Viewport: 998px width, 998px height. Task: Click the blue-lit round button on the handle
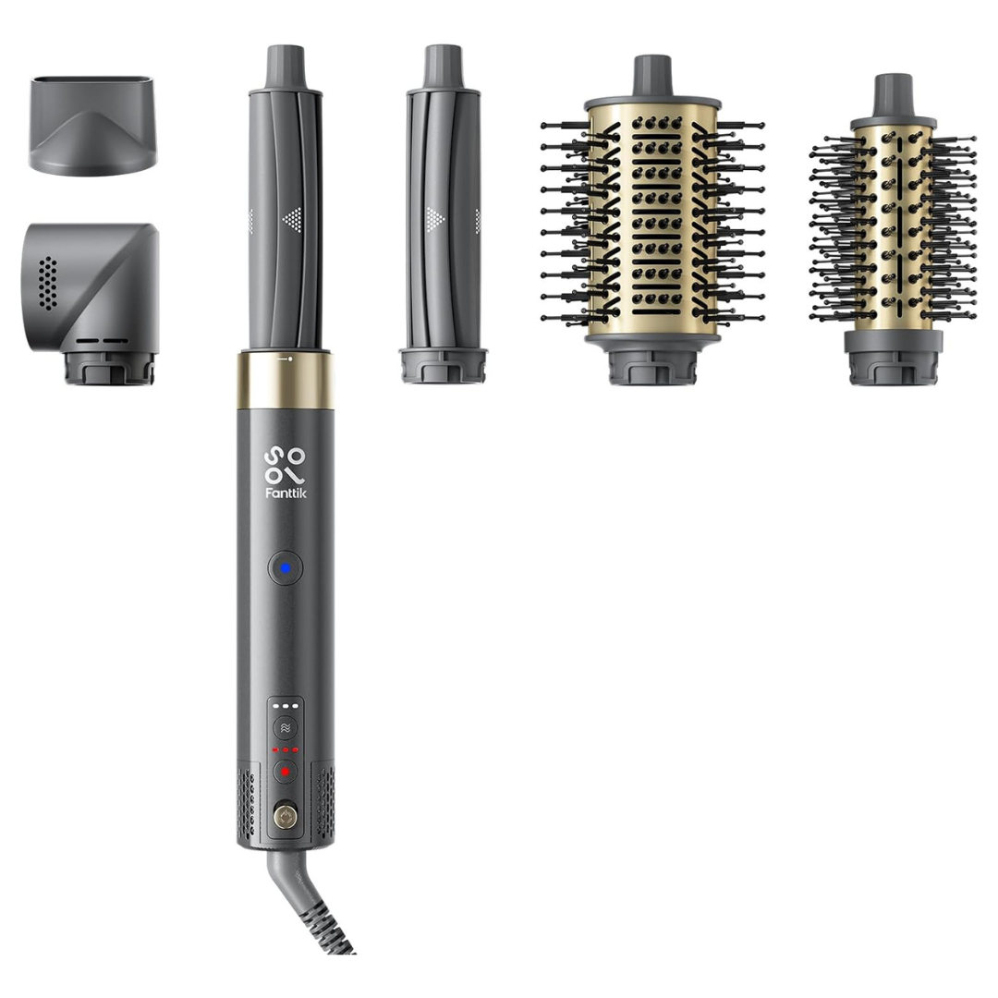pos(286,568)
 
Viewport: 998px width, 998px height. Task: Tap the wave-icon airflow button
pos(286,728)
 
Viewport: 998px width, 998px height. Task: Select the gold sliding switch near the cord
pos(286,817)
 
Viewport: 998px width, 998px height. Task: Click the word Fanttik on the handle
pos(286,493)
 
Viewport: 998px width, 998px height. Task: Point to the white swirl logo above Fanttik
pos(286,465)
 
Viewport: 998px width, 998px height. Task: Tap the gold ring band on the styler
pos(286,381)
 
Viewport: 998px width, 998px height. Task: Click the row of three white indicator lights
pos(286,706)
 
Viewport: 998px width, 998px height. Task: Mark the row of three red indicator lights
pos(286,749)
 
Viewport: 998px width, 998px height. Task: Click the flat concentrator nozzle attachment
pos(93,126)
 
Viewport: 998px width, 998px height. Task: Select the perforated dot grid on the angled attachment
pos(47,284)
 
